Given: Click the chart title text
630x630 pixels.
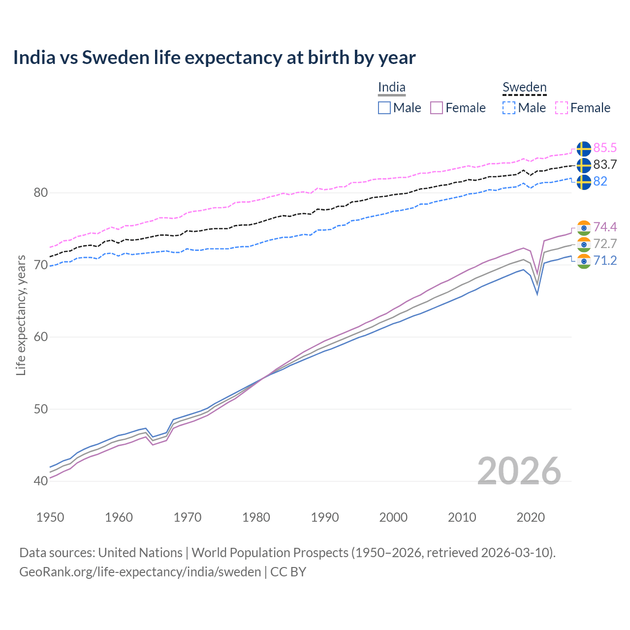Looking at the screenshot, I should point(214,58).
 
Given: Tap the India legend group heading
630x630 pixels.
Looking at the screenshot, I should point(392,88).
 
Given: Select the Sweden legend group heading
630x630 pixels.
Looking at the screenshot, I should point(524,88).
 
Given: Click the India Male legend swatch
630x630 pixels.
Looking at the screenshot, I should point(384,108).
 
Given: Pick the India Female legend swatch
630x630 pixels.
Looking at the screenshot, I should point(437,108).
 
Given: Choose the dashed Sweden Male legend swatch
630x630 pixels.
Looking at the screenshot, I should point(509,108).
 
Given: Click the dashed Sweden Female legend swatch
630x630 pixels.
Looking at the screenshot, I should point(562,108).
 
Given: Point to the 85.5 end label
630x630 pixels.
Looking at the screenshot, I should point(605,148).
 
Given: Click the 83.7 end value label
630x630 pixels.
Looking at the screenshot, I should point(605,164).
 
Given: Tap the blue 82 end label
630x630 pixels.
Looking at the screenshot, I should point(600,181).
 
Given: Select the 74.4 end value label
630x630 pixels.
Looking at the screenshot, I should point(605,227).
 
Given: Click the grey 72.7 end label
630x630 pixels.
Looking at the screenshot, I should point(605,244).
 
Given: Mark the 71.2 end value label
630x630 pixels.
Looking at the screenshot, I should point(605,260).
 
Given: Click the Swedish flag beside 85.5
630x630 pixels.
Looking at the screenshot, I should point(584,149).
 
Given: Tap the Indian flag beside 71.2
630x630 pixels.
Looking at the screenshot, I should point(584,261).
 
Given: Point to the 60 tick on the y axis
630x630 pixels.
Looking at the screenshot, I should point(40,337).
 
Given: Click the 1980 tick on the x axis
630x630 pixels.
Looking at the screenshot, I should point(256,517).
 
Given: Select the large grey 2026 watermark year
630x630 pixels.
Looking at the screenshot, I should point(519,471).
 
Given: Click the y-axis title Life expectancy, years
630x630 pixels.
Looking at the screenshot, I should point(21,315).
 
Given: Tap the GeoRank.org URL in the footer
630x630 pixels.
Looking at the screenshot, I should point(140,572).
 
